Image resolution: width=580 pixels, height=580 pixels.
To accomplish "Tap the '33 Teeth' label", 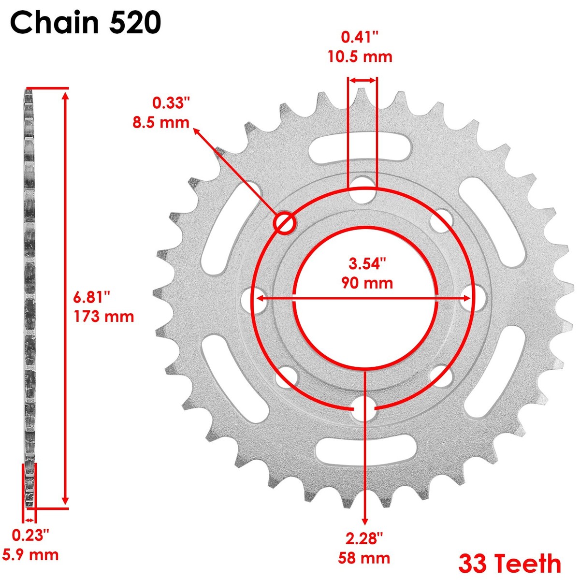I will (509, 563).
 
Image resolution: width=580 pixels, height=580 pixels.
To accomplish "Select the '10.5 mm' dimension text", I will (360, 57).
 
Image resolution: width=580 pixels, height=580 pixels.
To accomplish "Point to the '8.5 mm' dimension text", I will (161, 122).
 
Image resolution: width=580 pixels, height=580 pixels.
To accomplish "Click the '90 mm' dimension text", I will (367, 282).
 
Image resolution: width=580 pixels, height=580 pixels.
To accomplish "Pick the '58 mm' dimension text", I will (365, 558).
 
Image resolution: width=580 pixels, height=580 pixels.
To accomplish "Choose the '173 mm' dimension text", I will (103, 317).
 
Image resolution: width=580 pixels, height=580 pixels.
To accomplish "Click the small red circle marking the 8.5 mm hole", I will (284, 222).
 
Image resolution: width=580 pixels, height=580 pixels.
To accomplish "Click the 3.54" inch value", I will (367, 263).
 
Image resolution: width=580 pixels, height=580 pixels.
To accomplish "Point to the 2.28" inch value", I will (365, 537).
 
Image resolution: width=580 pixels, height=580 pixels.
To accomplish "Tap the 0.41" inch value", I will (360, 37).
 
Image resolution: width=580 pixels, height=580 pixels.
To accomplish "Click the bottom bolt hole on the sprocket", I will (364, 409).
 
